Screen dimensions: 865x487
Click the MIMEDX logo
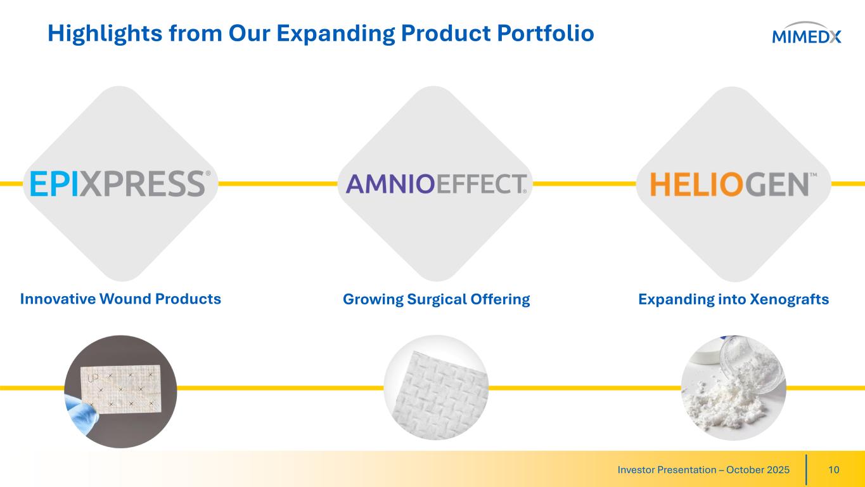click(806, 33)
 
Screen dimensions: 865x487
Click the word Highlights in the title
click(105, 34)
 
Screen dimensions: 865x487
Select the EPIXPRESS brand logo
click(120, 184)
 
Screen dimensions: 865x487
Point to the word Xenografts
click(790, 299)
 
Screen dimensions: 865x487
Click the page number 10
click(834, 470)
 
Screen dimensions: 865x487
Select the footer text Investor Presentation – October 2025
click(703, 470)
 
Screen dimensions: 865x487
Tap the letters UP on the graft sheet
click(93, 378)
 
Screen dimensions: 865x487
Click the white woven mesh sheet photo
click(437, 387)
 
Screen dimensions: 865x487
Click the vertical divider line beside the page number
click(806, 470)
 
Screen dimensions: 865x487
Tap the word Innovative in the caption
click(58, 299)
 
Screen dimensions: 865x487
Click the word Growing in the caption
click(373, 299)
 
